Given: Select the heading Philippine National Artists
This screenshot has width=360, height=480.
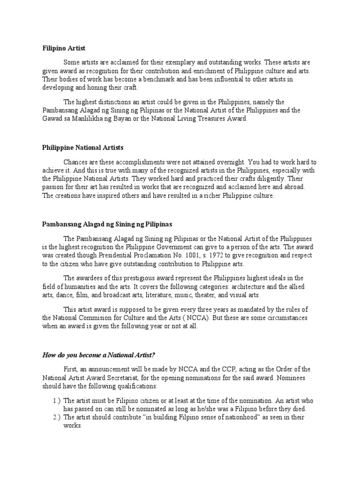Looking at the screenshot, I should tap(83, 148).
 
